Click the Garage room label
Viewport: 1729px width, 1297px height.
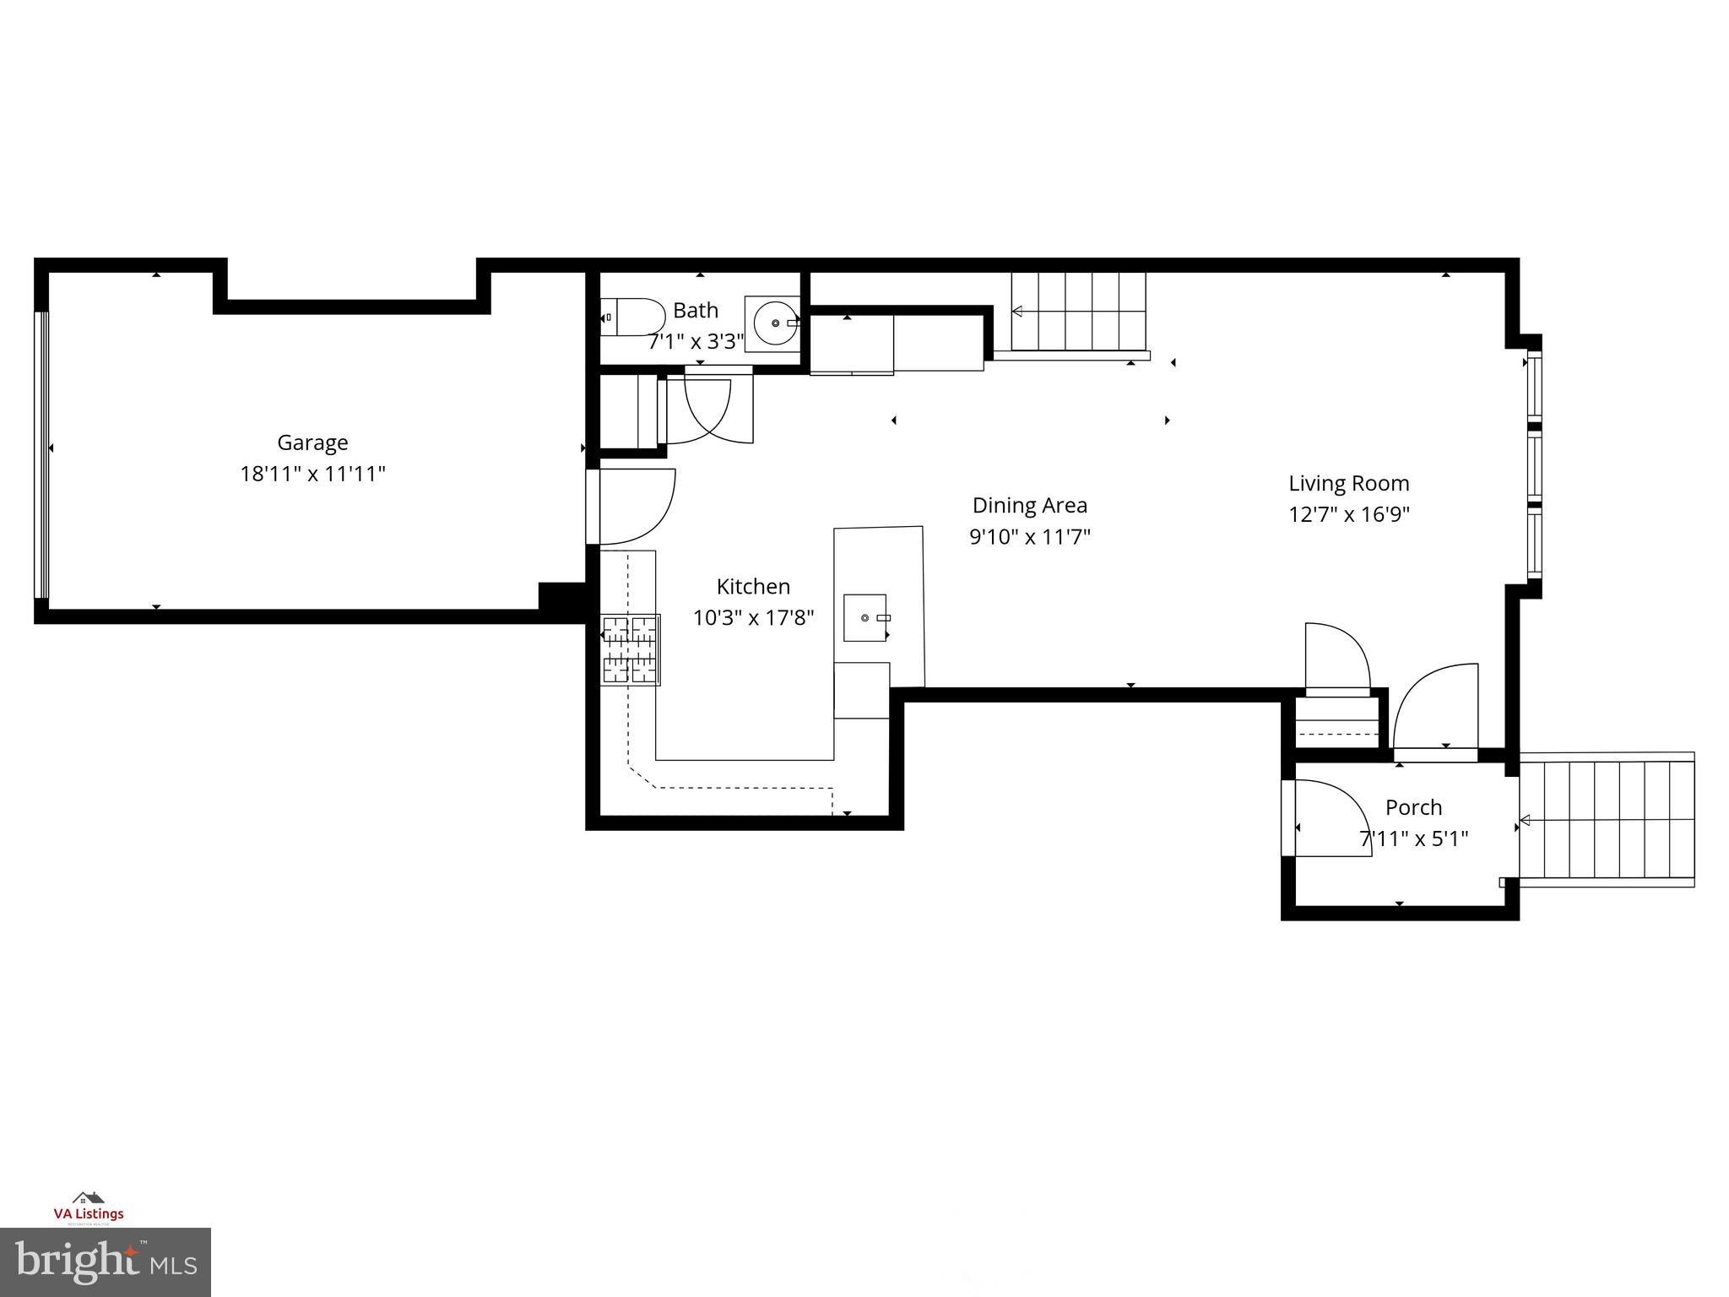point(312,442)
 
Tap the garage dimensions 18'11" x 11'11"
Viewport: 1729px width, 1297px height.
point(312,474)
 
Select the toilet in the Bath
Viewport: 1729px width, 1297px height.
point(632,317)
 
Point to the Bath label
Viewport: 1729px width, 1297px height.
point(695,311)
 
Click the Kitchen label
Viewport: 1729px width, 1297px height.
point(753,587)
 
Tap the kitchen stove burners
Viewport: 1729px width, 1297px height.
point(630,649)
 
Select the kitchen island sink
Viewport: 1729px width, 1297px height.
point(866,617)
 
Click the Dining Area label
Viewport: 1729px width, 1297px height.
point(1029,506)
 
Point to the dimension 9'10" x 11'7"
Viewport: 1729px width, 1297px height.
point(1029,537)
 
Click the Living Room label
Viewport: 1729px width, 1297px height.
point(1348,484)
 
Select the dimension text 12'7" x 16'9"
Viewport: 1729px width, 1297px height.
point(1348,514)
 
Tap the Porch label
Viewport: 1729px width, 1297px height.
point(1413,807)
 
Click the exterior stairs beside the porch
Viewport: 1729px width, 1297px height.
point(1608,819)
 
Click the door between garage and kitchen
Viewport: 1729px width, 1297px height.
point(629,507)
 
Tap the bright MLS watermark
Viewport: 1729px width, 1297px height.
point(106,1262)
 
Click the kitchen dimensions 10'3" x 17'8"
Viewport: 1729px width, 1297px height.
point(753,618)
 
